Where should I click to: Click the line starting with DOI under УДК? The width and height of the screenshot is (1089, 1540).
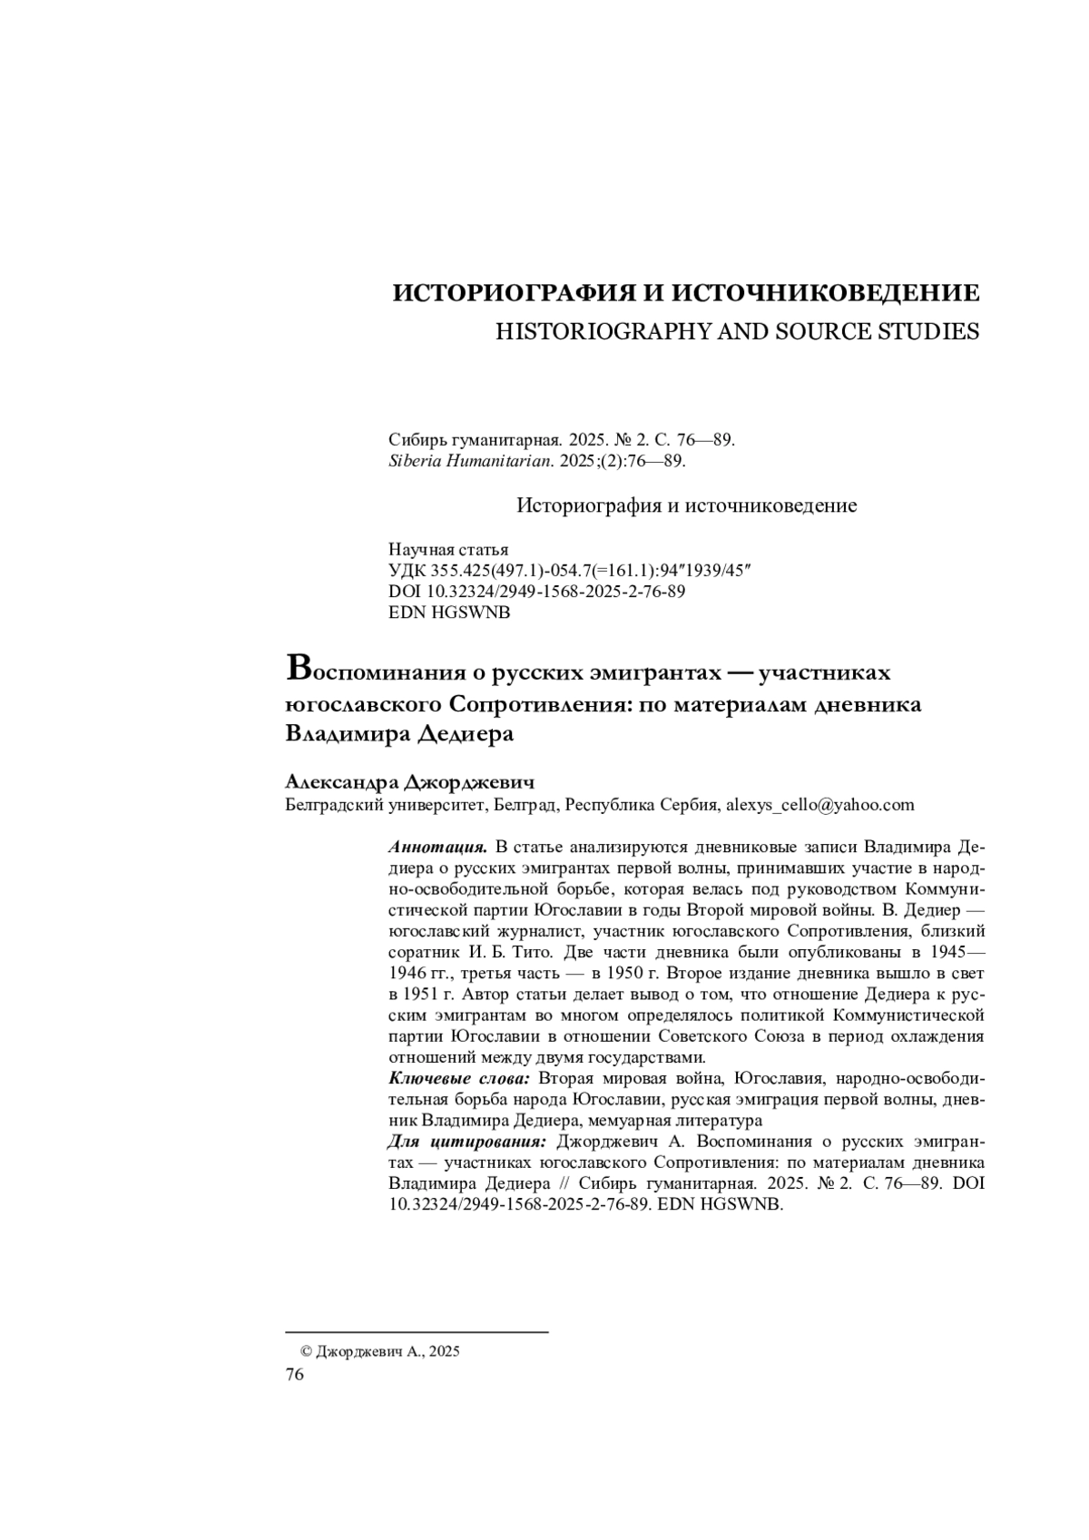click(x=536, y=592)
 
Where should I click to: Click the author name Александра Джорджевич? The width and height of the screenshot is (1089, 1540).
click(x=409, y=781)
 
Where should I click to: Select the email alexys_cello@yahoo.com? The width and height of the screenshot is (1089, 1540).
click(x=820, y=804)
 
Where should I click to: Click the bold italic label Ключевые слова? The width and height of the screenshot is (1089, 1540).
click(x=460, y=1078)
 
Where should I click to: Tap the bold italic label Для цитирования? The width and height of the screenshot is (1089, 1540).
click(x=467, y=1141)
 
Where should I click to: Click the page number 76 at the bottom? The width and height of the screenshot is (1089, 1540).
click(x=295, y=1375)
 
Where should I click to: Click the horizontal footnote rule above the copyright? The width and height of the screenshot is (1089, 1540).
click(x=417, y=1332)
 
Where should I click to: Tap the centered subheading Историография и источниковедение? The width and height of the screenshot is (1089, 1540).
click(x=686, y=505)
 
